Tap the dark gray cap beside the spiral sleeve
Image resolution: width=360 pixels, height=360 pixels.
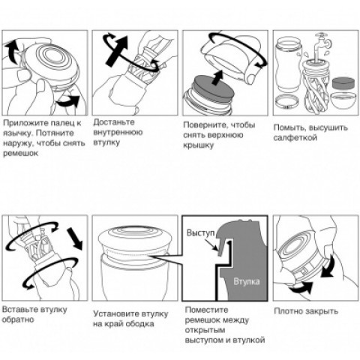(x=343, y=83)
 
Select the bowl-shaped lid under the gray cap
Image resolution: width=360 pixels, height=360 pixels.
(x=343, y=100)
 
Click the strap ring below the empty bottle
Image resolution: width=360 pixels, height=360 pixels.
(x=287, y=103)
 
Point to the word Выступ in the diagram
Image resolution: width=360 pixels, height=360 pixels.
(x=200, y=232)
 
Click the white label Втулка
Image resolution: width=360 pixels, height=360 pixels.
(x=247, y=281)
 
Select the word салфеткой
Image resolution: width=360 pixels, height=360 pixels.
(x=295, y=138)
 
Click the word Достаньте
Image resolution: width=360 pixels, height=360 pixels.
(x=114, y=122)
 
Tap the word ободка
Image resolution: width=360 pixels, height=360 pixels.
(x=139, y=324)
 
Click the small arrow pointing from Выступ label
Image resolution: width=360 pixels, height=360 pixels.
(x=211, y=244)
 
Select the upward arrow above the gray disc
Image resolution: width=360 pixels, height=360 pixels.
(x=217, y=77)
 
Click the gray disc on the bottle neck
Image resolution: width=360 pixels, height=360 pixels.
(x=214, y=89)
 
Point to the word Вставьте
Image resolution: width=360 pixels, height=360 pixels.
(x=18, y=310)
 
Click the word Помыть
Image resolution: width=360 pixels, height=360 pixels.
(x=289, y=127)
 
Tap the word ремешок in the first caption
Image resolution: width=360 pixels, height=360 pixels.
(x=20, y=154)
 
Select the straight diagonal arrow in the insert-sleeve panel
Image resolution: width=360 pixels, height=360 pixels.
(x=75, y=238)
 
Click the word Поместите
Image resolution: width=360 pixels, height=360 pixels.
(x=206, y=310)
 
